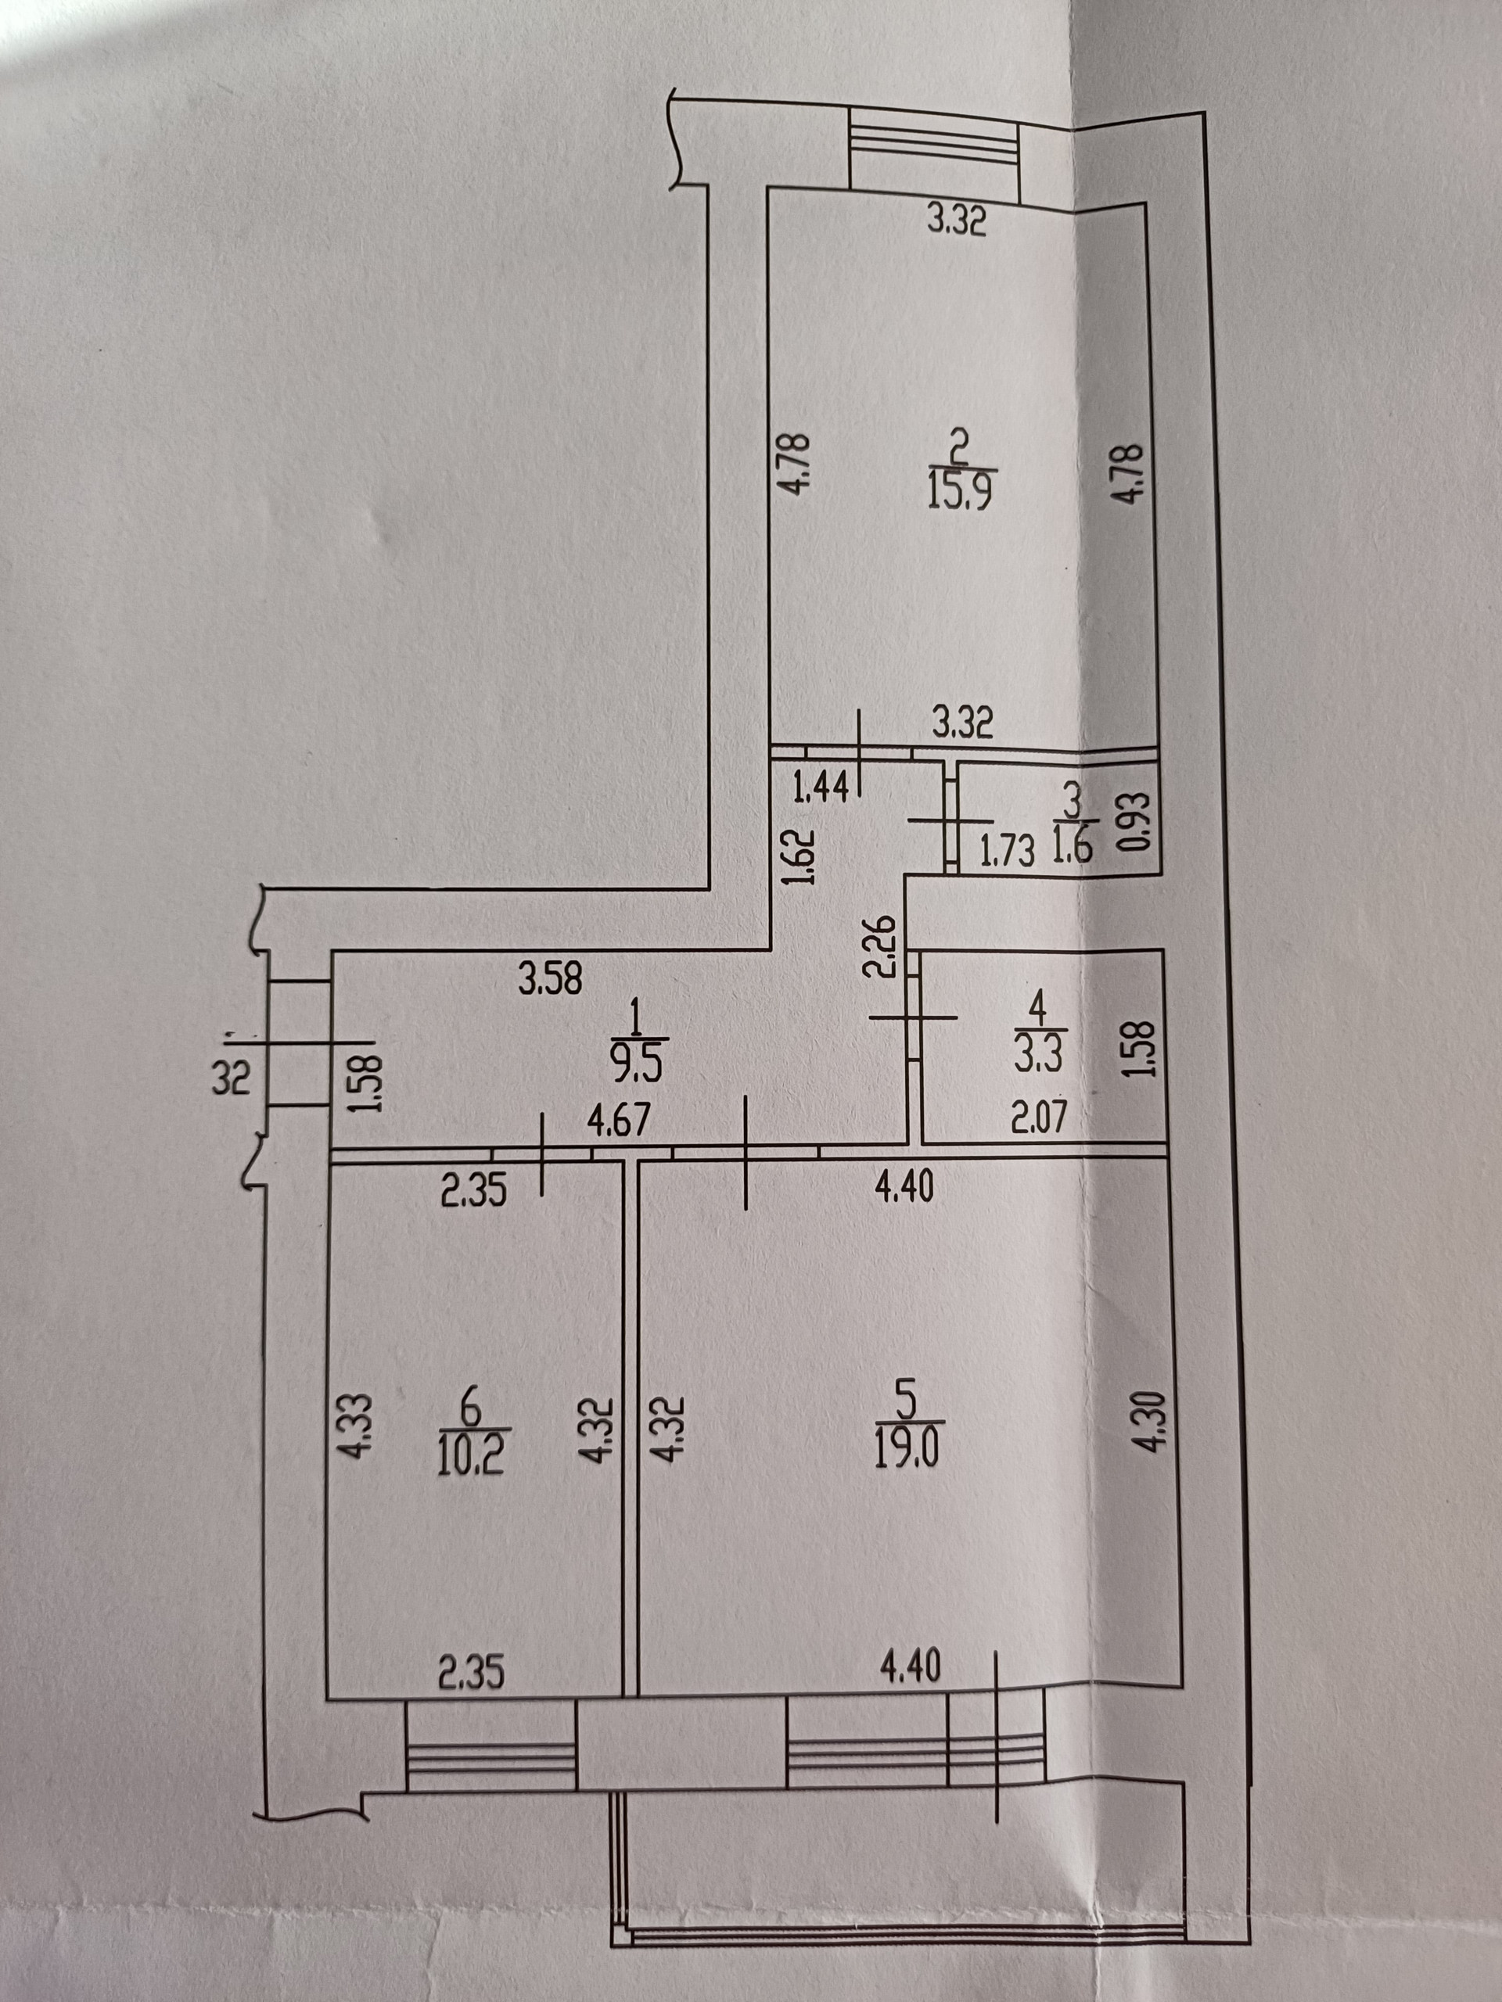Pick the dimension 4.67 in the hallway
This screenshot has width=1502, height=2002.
(x=618, y=1121)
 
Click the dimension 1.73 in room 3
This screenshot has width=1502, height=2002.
(x=1007, y=852)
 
